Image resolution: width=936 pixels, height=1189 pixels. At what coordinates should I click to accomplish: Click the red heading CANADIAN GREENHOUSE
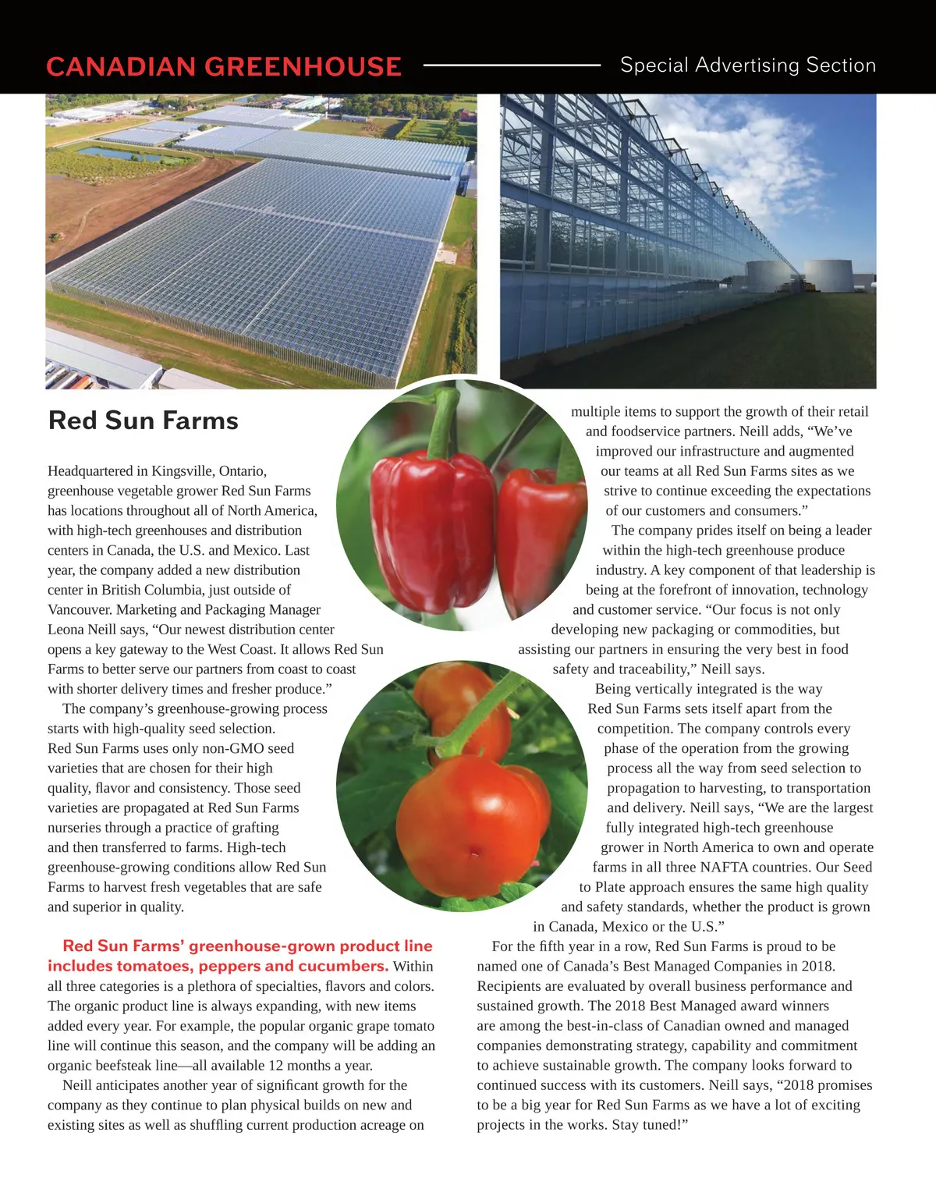click(x=224, y=66)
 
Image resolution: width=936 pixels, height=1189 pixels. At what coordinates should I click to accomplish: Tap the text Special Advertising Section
click(x=747, y=66)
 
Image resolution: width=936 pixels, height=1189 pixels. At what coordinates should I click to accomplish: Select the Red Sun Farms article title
click(x=144, y=421)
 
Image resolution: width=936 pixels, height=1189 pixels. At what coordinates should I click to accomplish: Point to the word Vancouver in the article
click(x=80, y=610)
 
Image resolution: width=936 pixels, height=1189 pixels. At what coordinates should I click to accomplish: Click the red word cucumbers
click(x=347, y=966)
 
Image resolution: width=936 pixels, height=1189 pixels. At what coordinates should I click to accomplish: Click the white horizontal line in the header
click(x=512, y=66)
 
